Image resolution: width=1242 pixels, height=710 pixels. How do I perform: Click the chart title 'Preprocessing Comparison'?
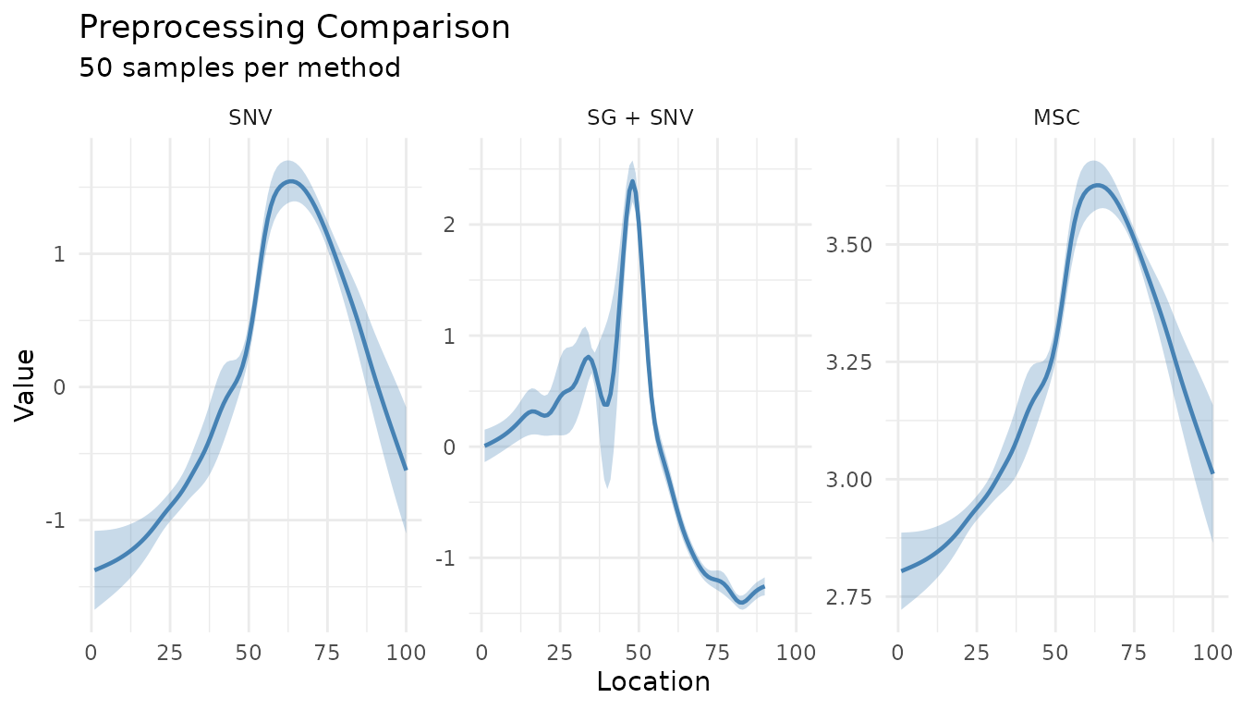tap(294, 28)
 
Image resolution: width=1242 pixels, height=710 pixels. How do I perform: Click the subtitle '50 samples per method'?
tap(239, 67)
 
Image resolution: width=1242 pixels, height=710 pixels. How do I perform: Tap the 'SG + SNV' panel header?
tap(639, 117)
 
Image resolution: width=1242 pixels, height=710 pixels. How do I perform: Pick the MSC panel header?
tap(1055, 117)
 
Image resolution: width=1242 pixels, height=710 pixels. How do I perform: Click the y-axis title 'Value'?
tap(26, 385)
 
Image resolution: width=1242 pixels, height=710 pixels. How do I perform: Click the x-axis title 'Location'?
tap(653, 682)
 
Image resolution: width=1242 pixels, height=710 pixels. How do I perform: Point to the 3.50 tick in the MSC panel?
tap(858, 245)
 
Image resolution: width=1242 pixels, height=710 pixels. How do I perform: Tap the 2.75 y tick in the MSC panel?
tap(858, 597)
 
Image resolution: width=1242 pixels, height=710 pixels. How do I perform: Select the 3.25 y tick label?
tap(858, 362)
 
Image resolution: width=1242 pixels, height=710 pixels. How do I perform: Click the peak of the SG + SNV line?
tap(632, 181)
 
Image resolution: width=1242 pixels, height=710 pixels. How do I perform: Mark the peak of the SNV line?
tap(290, 181)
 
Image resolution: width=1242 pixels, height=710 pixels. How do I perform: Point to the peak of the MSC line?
tap(1096, 185)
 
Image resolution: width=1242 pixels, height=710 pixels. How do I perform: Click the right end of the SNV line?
tap(406, 470)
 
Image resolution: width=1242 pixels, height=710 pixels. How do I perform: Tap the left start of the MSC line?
tap(901, 570)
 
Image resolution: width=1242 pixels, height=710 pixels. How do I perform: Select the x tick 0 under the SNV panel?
tap(91, 654)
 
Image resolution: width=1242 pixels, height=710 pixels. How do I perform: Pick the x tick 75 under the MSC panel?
tap(1134, 654)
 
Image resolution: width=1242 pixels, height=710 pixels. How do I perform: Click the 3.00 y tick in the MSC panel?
tap(858, 480)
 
